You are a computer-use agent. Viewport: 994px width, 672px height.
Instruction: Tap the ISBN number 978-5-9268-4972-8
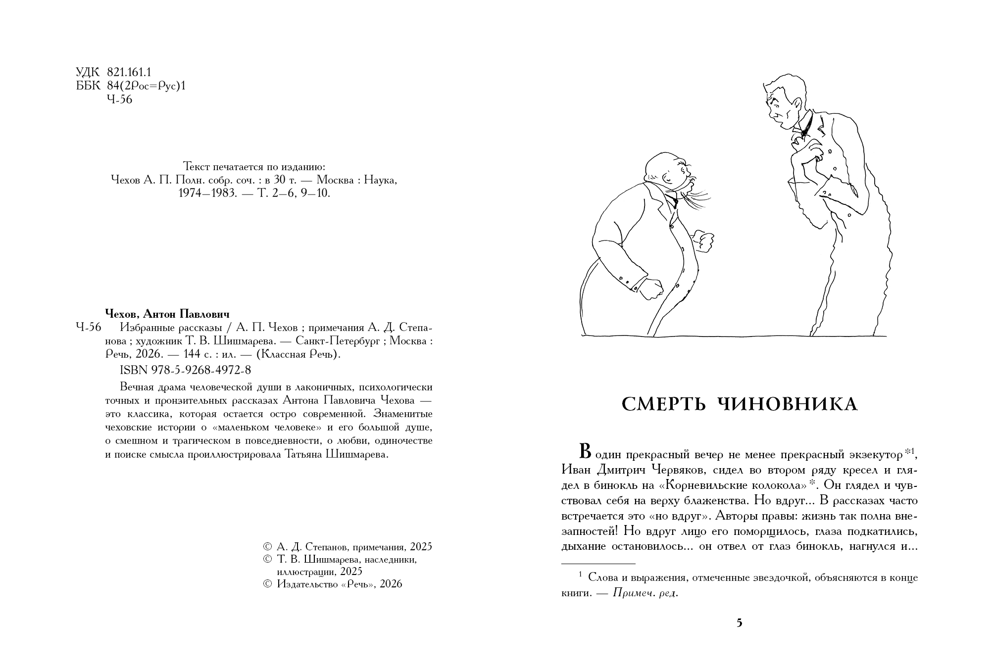tap(186, 370)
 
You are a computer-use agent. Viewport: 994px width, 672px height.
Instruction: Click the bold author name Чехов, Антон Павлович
tap(168, 314)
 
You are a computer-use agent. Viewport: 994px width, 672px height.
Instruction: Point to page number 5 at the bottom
tap(740, 623)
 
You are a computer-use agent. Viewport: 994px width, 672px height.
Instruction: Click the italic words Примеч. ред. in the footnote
tap(645, 593)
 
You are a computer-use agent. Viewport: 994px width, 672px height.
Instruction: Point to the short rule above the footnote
tap(598, 563)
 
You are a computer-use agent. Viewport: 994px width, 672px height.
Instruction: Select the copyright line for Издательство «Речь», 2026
tap(333, 584)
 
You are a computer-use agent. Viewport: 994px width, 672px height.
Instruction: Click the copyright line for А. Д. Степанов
tap(348, 547)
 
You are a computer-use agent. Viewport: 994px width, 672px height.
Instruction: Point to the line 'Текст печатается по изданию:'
tap(254, 166)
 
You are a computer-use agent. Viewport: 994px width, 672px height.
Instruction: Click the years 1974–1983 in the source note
tap(205, 193)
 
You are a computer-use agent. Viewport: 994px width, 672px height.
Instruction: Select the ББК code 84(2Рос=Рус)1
tap(146, 86)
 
